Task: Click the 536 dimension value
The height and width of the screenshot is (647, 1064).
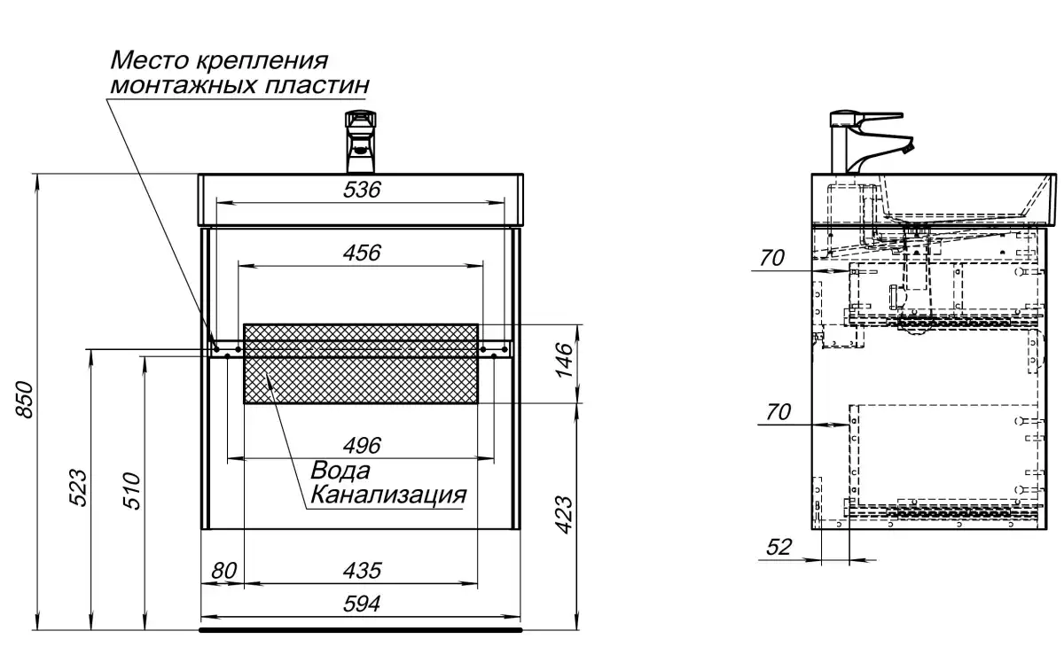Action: [361, 189]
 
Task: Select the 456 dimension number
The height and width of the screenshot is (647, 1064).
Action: [361, 253]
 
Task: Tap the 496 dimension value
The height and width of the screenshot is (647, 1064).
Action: [361, 445]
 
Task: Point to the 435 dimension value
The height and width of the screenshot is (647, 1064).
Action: [361, 570]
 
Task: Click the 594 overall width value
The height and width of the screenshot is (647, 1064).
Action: [361, 604]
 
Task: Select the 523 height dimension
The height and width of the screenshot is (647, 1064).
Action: [78, 487]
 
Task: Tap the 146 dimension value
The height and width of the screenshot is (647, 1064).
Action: [565, 359]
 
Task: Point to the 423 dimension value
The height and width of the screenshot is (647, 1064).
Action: [565, 514]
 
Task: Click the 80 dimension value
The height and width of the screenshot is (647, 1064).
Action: [224, 570]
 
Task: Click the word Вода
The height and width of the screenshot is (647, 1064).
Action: [340, 471]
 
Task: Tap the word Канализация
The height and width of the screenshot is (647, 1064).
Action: [387, 494]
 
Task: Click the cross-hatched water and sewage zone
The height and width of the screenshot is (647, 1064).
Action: [361, 363]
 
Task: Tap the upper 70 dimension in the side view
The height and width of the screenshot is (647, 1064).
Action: [772, 258]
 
